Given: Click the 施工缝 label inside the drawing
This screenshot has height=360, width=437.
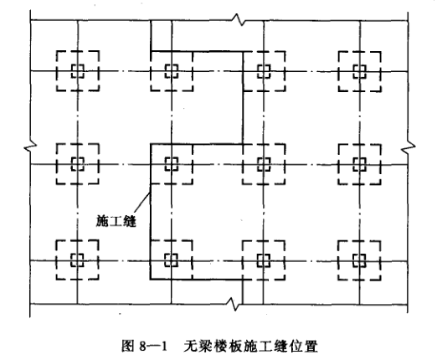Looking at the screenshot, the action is pyautogui.click(x=116, y=221).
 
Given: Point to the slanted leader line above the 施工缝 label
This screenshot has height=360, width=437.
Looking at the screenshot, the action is pyautogui.click(x=142, y=203).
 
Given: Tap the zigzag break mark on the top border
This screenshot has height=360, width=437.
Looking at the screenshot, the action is pyautogui.click(x=237, y=19).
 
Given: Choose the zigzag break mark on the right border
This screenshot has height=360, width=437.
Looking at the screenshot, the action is pyautogui.click(x=408, y=147).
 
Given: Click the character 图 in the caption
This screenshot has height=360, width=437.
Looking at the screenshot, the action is pyautogui.click(x=128, y=347).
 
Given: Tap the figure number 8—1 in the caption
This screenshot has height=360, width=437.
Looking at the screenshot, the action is pyautogui.click(x=153, y=347).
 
